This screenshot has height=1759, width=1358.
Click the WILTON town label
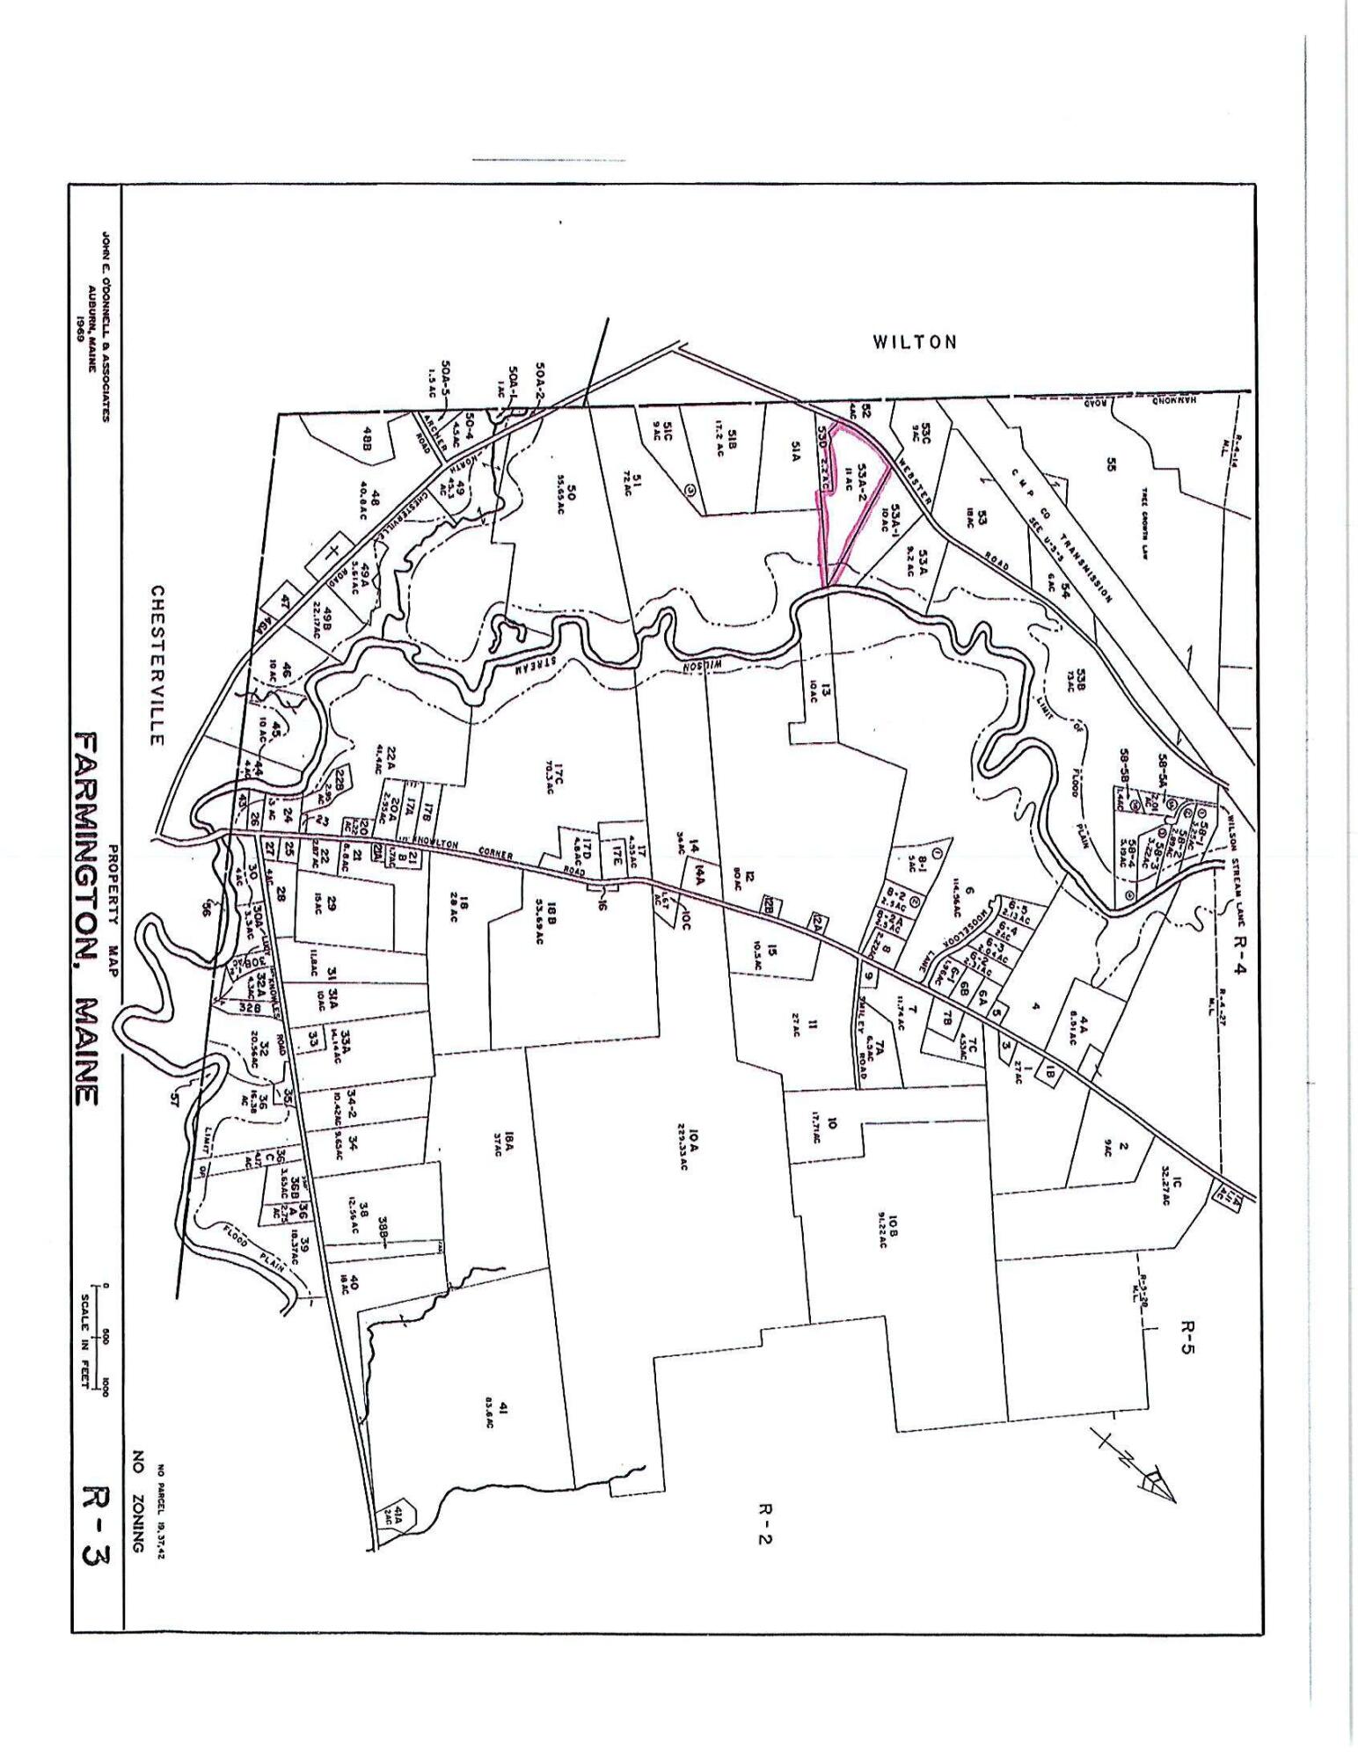pyautogui.click(x=914, y=342)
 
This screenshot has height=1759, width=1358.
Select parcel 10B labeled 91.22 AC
pyautogui.click(x=888, y=1232)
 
